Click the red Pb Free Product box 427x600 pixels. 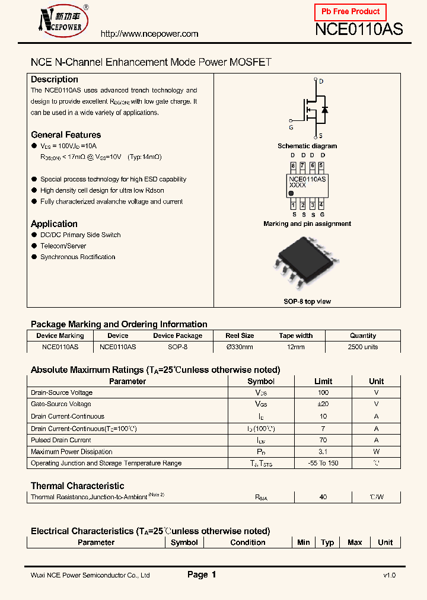click(350, 12)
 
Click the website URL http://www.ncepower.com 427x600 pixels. click(149, 34)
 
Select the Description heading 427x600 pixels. click(55, 79)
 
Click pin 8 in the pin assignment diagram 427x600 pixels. click(293, 166)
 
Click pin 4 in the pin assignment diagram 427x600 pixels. click(321, 205)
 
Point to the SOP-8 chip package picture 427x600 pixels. click(307, 264)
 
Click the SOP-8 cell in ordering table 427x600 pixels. click(177, 347)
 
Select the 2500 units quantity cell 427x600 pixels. click(363, 347)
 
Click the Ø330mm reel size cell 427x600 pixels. click(240, 347)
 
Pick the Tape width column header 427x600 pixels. click(295, 336)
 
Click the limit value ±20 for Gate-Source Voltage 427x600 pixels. click(323, 404)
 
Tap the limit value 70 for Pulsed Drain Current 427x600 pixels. click(323, 440)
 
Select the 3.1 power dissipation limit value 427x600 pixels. click(323, 452)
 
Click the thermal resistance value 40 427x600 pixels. click(323, 497)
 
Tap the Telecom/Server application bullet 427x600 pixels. click(63, 246)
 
